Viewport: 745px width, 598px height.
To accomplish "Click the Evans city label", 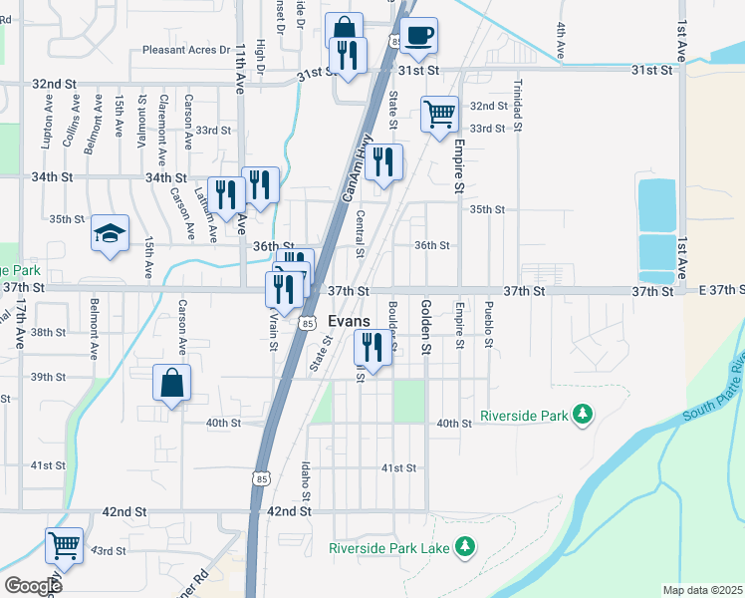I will [349, 322].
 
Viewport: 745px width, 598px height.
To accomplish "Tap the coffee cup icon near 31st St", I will [419, 37].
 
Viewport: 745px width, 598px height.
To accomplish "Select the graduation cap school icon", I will [111, 234].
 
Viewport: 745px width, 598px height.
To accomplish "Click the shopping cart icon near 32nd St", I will [438, 114].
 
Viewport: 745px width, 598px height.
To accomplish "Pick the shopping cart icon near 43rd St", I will [64, 546].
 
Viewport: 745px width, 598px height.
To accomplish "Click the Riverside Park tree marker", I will [584, 414].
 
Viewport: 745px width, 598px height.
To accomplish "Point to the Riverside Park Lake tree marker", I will [464, 546].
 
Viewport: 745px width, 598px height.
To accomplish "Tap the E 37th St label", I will [721, 290].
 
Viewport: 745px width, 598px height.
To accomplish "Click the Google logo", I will [33, 585].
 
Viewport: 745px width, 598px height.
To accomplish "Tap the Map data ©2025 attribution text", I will [701, 590].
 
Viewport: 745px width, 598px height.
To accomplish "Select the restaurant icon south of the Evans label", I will [372, 348].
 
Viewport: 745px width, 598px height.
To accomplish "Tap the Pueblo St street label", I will [489, 324].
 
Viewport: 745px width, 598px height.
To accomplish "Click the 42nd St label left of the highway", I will [124, 511].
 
